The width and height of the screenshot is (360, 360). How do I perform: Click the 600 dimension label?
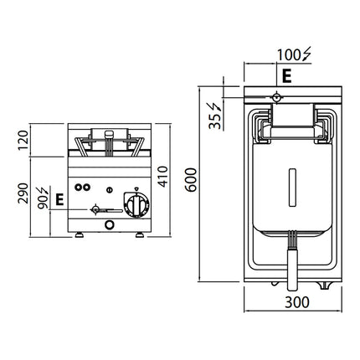[x=191, y=180]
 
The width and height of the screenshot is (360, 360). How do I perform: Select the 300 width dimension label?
[x=297, y=302]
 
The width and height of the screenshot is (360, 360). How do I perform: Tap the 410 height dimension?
[x=163, y=177]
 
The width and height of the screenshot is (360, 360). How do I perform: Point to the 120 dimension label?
[x=23, y=141]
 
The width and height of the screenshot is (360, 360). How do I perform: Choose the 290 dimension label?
[x=23, y=193]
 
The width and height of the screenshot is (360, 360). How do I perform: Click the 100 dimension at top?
[x=289, y=55]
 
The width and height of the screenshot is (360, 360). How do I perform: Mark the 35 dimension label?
[x=215, y=121]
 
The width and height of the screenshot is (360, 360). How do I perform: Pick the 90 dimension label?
[x=43, y=202]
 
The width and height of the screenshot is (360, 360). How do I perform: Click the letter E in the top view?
[x=286, y=76]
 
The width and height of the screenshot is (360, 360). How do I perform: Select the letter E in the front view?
[x=59, y=199]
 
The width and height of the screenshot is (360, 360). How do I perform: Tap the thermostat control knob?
[x=136, y=205]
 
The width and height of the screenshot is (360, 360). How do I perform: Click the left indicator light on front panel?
[x=78, y=188]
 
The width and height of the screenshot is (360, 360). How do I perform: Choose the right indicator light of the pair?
[x=87, y=188]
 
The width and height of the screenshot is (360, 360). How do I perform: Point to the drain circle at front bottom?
[x=110, y=224]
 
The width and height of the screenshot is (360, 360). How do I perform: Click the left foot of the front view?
[x=80, y=235]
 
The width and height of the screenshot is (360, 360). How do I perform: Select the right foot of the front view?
[x=140, y=235]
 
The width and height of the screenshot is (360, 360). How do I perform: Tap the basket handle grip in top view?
[x=292, y=270]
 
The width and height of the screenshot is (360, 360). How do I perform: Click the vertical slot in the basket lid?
[x=292, y=188]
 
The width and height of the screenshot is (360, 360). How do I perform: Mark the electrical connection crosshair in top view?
[x=276, y=97]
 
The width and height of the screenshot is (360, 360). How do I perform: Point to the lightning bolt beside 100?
[x=306, y=54]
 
